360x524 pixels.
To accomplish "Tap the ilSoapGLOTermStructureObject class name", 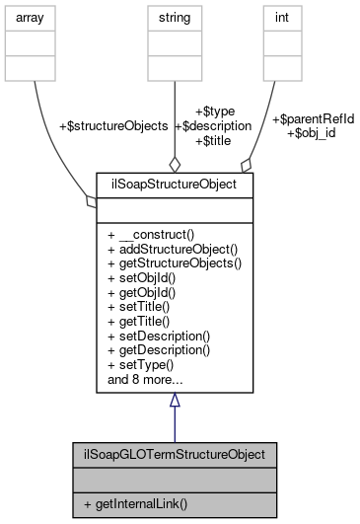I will pyautogui.click(x=174, y=455).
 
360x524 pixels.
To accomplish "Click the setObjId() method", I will pyautogui.click(x=147, y=277).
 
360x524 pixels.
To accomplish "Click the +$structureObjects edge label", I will pyautogui.click(x=113, y=126).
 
